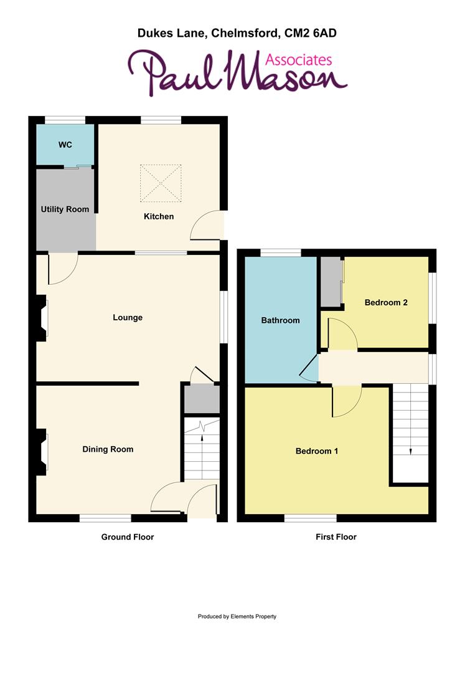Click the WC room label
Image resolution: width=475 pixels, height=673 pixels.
pyautogui.click(x=65, y=145)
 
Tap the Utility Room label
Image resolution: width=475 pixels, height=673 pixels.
pyautogui.click(x=65, y=209)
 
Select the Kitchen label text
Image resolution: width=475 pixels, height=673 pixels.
pyautogui.click(x=159, y=217)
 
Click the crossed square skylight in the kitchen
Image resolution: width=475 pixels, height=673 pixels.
pyautogui.click(x=160, y=183)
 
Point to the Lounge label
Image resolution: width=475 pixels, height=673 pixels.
pyautogui.click(x=128, y=318)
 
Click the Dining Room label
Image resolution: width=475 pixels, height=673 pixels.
pyautogui.click(x=108, y=449)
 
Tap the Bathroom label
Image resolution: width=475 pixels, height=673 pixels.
pyautogui.click(x=280, y=321)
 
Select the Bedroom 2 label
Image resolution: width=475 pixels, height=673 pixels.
pyautogui.click(x=386, y=303)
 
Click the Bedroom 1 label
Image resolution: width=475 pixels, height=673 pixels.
pyautogui.click(x=316, y=451)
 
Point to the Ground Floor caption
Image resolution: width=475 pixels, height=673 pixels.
pyautogui.click(x=128, y=537)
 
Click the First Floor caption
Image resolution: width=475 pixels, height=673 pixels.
pyautogui.click(x=336, y=537)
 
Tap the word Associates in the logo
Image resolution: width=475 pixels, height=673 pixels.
pyautogui.click(x=298, y=60)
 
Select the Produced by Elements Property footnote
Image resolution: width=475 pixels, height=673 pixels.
pyautogui.click(x=237, y=617)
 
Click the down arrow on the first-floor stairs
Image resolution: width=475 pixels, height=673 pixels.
pyautogui.click(x=410, y=451)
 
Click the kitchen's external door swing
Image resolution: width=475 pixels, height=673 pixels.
pyautogui.click(x=207, y=226)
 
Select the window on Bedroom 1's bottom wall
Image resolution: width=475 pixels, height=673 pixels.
pyautogui.click(x=311, y=517)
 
